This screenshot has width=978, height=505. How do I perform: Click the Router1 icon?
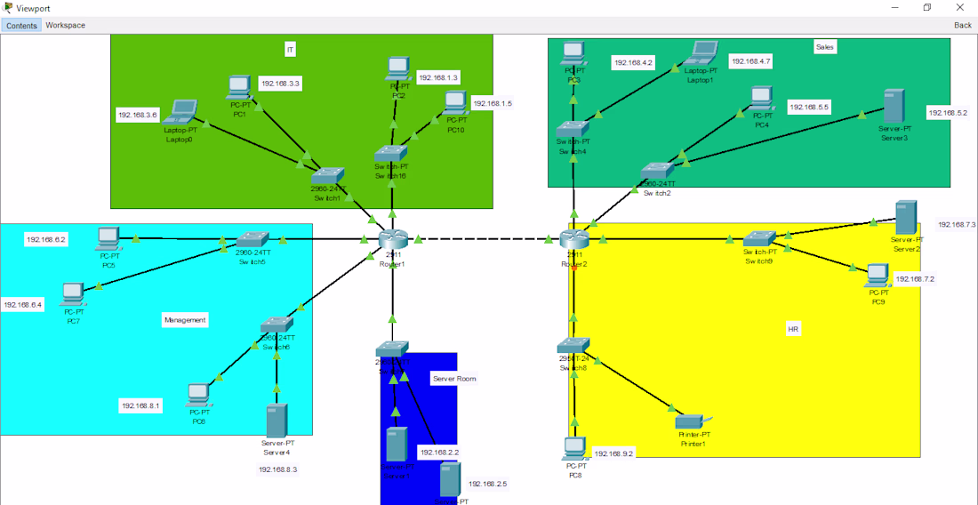391,239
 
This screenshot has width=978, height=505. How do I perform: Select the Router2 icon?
574,239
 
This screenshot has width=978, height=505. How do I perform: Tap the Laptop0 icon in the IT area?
182,111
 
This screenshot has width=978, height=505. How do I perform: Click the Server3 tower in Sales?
894,106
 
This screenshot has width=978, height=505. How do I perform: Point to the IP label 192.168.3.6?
138,115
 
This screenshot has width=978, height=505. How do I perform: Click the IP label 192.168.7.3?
957,225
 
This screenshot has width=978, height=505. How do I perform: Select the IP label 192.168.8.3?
278,469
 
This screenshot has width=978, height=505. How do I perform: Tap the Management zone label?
185,320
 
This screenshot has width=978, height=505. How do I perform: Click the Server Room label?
454,379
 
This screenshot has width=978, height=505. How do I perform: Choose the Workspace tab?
66,25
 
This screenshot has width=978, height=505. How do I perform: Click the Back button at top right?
962,25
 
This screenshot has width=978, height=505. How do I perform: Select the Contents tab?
21,25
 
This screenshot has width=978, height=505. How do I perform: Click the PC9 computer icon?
878,275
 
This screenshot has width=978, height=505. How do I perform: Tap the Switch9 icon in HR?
759,238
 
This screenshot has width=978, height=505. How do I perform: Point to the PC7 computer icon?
74,293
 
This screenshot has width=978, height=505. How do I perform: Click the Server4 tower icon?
277,420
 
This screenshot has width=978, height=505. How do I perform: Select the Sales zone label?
825,47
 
